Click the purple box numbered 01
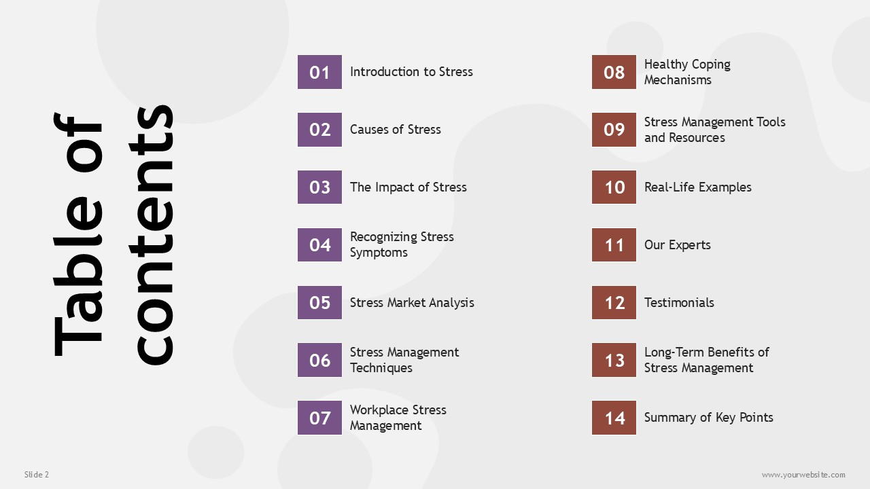pos(319,72)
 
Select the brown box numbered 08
pos(614,72)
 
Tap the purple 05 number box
pos(319,303)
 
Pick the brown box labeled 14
pos(614,418)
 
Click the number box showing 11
pos(614,245)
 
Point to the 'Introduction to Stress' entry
pos(411,72)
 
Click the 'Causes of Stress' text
pos(396,130)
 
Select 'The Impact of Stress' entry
pos(408,187)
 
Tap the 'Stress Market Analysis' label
pos(412,303)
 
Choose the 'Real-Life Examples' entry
pos(698,187)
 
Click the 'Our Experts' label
pos(678,245)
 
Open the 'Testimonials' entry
pos(679,303)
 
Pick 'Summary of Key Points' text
pos(709,418)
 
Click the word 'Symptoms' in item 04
pos(379,253)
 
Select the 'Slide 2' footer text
pos(37,475)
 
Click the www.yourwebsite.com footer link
pos(803,475)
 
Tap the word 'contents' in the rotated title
pos(151,235)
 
